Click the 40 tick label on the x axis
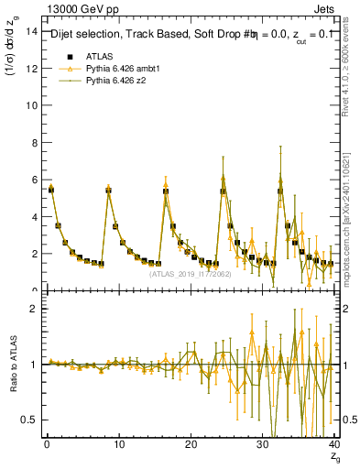pos(333,445)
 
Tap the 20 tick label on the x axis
pos(191,445)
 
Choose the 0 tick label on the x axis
pos(47,445)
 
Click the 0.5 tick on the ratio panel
pos(30,420)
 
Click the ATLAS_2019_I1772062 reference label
pos(194,273)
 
